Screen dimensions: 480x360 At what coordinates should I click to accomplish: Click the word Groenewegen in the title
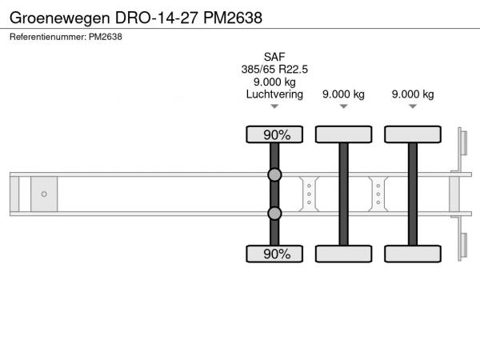pos(60,18)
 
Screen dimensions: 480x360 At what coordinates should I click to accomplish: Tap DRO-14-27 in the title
pos(157,18)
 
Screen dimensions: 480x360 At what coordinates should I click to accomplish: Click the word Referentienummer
pos(48,37)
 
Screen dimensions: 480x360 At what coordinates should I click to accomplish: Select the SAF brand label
pos(274,57)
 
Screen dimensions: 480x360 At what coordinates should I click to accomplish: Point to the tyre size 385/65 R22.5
pos(274,70)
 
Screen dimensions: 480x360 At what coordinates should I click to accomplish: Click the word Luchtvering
pos(274,94)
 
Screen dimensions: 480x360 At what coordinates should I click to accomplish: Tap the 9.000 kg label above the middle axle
pos(343,94)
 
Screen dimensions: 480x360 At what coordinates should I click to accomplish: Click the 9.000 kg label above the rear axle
pos(413,94)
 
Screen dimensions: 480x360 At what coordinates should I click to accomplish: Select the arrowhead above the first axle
pos(274,106)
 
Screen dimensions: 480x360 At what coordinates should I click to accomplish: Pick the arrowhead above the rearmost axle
pos(413,106)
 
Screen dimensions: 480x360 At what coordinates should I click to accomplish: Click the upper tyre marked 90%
pos(274,134)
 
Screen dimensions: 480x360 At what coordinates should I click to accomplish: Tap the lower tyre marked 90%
pos(274,254)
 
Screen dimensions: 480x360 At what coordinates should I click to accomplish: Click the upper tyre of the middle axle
pos(343,134)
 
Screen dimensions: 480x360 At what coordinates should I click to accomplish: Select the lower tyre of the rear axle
pos(413,254)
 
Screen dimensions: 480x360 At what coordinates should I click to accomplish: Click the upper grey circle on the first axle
pos(274,174)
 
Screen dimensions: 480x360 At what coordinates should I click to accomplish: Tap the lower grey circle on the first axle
pos(274,214)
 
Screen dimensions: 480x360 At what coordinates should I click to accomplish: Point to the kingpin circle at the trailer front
pos(44,194)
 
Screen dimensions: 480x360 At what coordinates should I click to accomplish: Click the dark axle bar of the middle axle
pos(343,194)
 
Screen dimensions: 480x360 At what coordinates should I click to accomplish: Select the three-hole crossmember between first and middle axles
pos(309,194)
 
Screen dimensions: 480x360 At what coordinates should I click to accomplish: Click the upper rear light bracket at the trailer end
pos(462,143)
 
